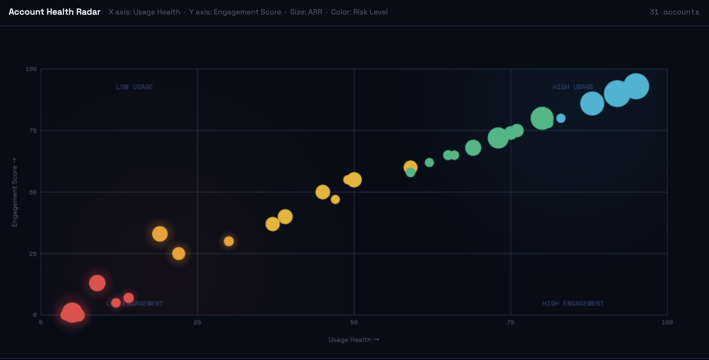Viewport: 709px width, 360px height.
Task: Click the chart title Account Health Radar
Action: pos(55,12)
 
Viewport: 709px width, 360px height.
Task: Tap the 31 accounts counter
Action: pos(674,12)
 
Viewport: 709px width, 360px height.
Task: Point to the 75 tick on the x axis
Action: pos(510,322)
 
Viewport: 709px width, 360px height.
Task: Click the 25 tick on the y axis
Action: pos(33,254)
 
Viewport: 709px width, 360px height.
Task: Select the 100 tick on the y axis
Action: pos(31,69)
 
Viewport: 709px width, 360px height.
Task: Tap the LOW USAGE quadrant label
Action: pos(134,87)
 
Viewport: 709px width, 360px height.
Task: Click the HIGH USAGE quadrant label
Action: pos(573,87)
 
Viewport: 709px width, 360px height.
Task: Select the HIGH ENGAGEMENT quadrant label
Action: pos(573,304)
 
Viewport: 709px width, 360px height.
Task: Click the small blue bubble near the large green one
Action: pos(561,118)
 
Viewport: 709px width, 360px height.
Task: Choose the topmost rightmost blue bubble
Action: pos(636,86)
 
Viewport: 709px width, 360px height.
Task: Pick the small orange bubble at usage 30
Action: pos(229,241)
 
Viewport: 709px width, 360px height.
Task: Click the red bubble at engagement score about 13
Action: pos(97,283)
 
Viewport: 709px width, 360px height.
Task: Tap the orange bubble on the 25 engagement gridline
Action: pos(179,254)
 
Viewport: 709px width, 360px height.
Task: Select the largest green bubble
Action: pos(541,118)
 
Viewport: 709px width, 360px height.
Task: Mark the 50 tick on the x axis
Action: pos(354,322)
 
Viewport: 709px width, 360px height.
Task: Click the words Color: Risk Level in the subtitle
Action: pos(359,12)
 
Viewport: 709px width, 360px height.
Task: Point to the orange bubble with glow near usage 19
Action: pos(160,234)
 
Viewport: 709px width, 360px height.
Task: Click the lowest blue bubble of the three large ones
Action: pos(592,104)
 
